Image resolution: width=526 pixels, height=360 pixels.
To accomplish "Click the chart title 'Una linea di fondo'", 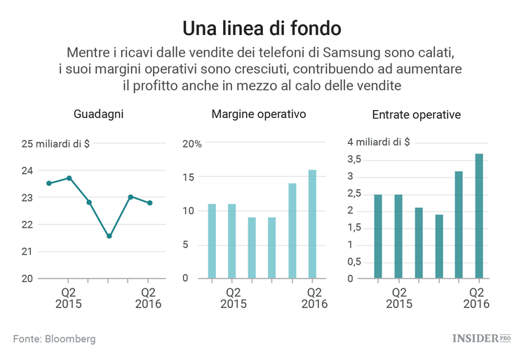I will pos(262,28).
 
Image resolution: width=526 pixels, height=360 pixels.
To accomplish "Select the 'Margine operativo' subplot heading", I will pos(259,114).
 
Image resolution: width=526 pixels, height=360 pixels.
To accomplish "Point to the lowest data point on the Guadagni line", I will pos(109,236).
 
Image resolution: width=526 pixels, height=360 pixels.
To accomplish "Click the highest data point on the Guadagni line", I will pos(69,178).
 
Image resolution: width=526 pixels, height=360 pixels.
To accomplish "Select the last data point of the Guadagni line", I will pos(149,203).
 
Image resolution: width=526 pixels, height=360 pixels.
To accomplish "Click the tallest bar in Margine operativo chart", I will pos(312,224).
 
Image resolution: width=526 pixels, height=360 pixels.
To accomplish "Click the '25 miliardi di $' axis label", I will pos(55,145).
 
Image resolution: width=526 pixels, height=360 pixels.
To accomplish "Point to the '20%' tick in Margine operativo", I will pos(192,145).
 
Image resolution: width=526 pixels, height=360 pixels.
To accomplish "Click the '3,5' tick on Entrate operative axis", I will pos(355,160).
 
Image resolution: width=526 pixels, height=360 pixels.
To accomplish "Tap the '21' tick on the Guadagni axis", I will pos(27,252).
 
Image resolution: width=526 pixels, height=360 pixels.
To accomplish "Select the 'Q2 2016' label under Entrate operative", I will pos(475,298).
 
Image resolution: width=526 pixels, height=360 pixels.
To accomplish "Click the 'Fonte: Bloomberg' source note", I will pos(54,339).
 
